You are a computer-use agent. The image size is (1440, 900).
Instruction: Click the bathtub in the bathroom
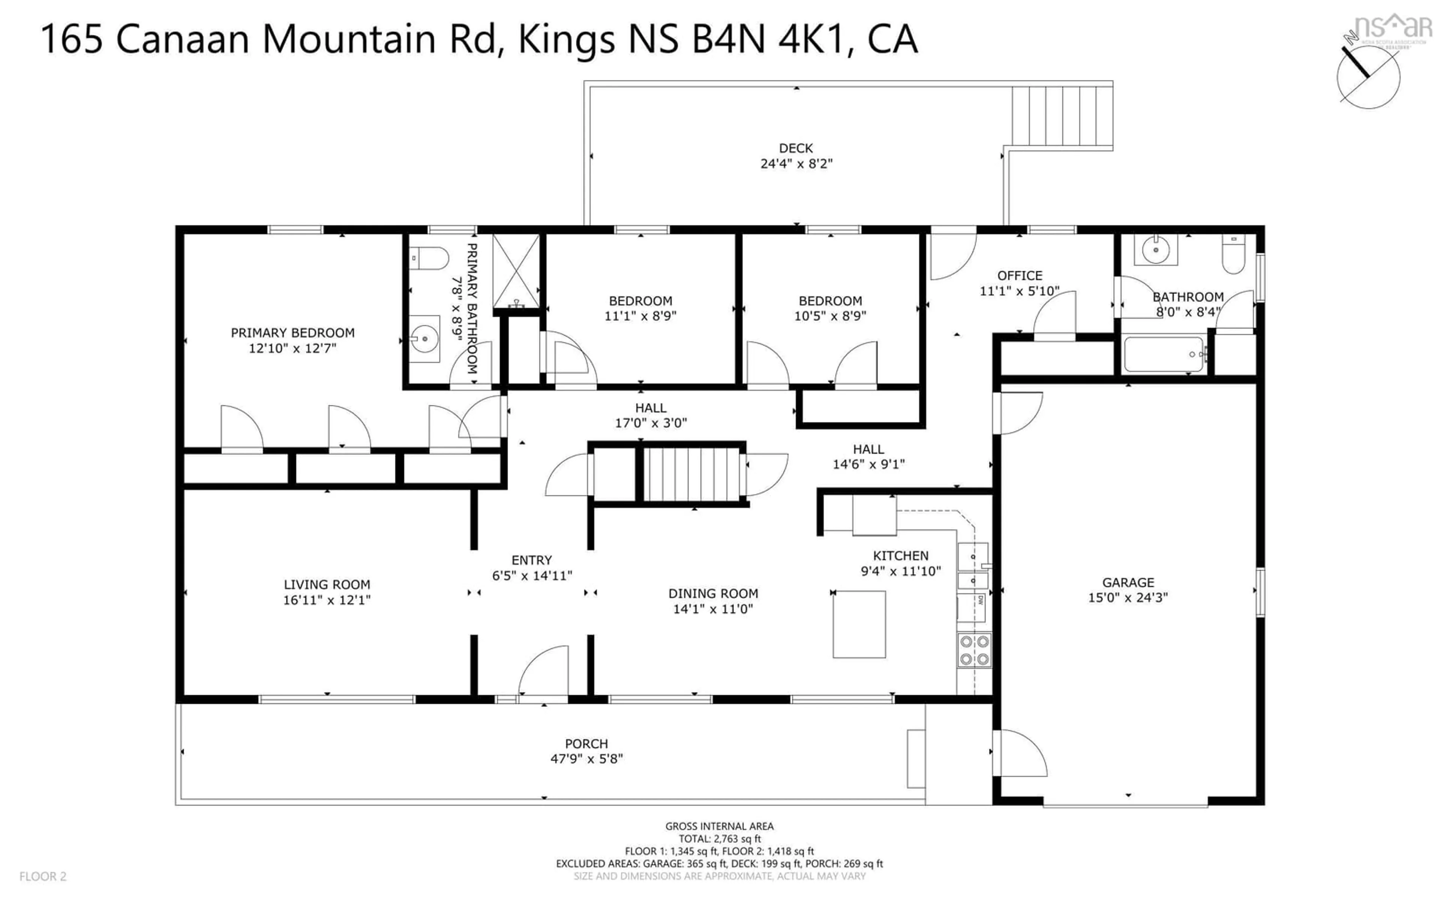pyautogui.click(x=1163, y=355)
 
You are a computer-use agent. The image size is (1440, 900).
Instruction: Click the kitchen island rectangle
pyautogui.click(x=859, y=624)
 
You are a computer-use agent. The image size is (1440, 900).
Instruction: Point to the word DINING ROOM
pyautogui.click(x=713, y=594)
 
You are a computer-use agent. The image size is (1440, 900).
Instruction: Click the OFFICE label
pyautogui.click(x=1019, y=276)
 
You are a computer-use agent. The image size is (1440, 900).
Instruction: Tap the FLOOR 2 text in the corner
pyautogui.click(x=43, y=876)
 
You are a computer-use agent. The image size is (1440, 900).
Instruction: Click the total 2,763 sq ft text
pyautogui.click(x=719, y=839)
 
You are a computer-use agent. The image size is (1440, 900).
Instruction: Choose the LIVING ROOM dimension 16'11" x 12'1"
pyautogui.click(x=327, y=600)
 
